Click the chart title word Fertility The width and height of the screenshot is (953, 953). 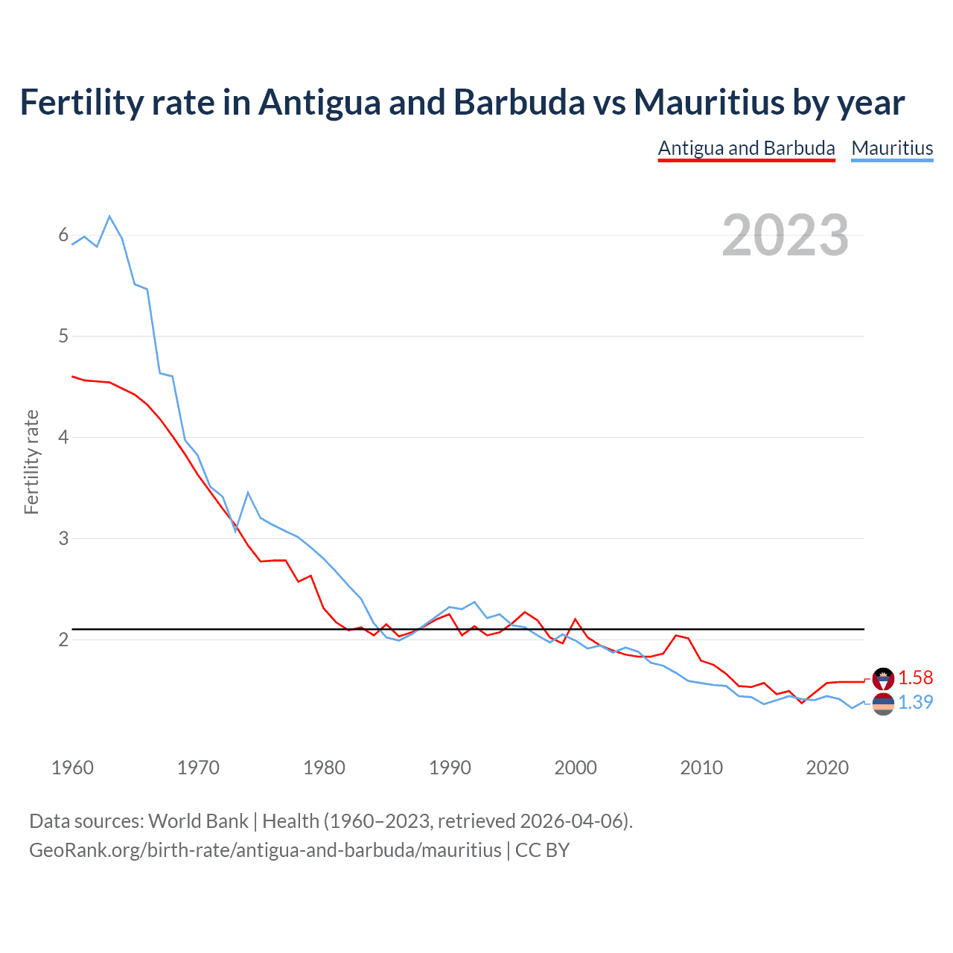pos(81,103)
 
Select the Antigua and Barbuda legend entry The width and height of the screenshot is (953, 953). pos(746,148)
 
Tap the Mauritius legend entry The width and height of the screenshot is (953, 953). pos(892,148)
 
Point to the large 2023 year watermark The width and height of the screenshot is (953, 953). pos(785,235)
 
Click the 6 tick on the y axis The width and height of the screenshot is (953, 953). pos(63,235)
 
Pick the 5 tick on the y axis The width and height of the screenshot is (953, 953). pos(63,337)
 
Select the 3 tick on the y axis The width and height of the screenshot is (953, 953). pos(63,538)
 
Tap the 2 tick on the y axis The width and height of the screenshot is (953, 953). pos(63,640)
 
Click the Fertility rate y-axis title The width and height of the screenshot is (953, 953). pos(31,462)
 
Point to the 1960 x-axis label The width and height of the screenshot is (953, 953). pos(72,768)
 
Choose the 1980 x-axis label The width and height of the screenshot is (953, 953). pos(324,768)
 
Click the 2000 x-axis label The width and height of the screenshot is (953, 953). pos(576,768)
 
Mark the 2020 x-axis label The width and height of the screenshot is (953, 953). pos(827,768)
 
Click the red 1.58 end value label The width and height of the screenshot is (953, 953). pos(915,678)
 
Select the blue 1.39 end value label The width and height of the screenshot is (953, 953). pos(915,702)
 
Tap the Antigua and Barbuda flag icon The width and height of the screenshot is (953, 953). pos(883,678)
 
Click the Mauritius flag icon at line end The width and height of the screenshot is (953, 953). pos(883,704)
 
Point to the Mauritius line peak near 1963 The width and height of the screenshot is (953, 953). pos(109,217)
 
